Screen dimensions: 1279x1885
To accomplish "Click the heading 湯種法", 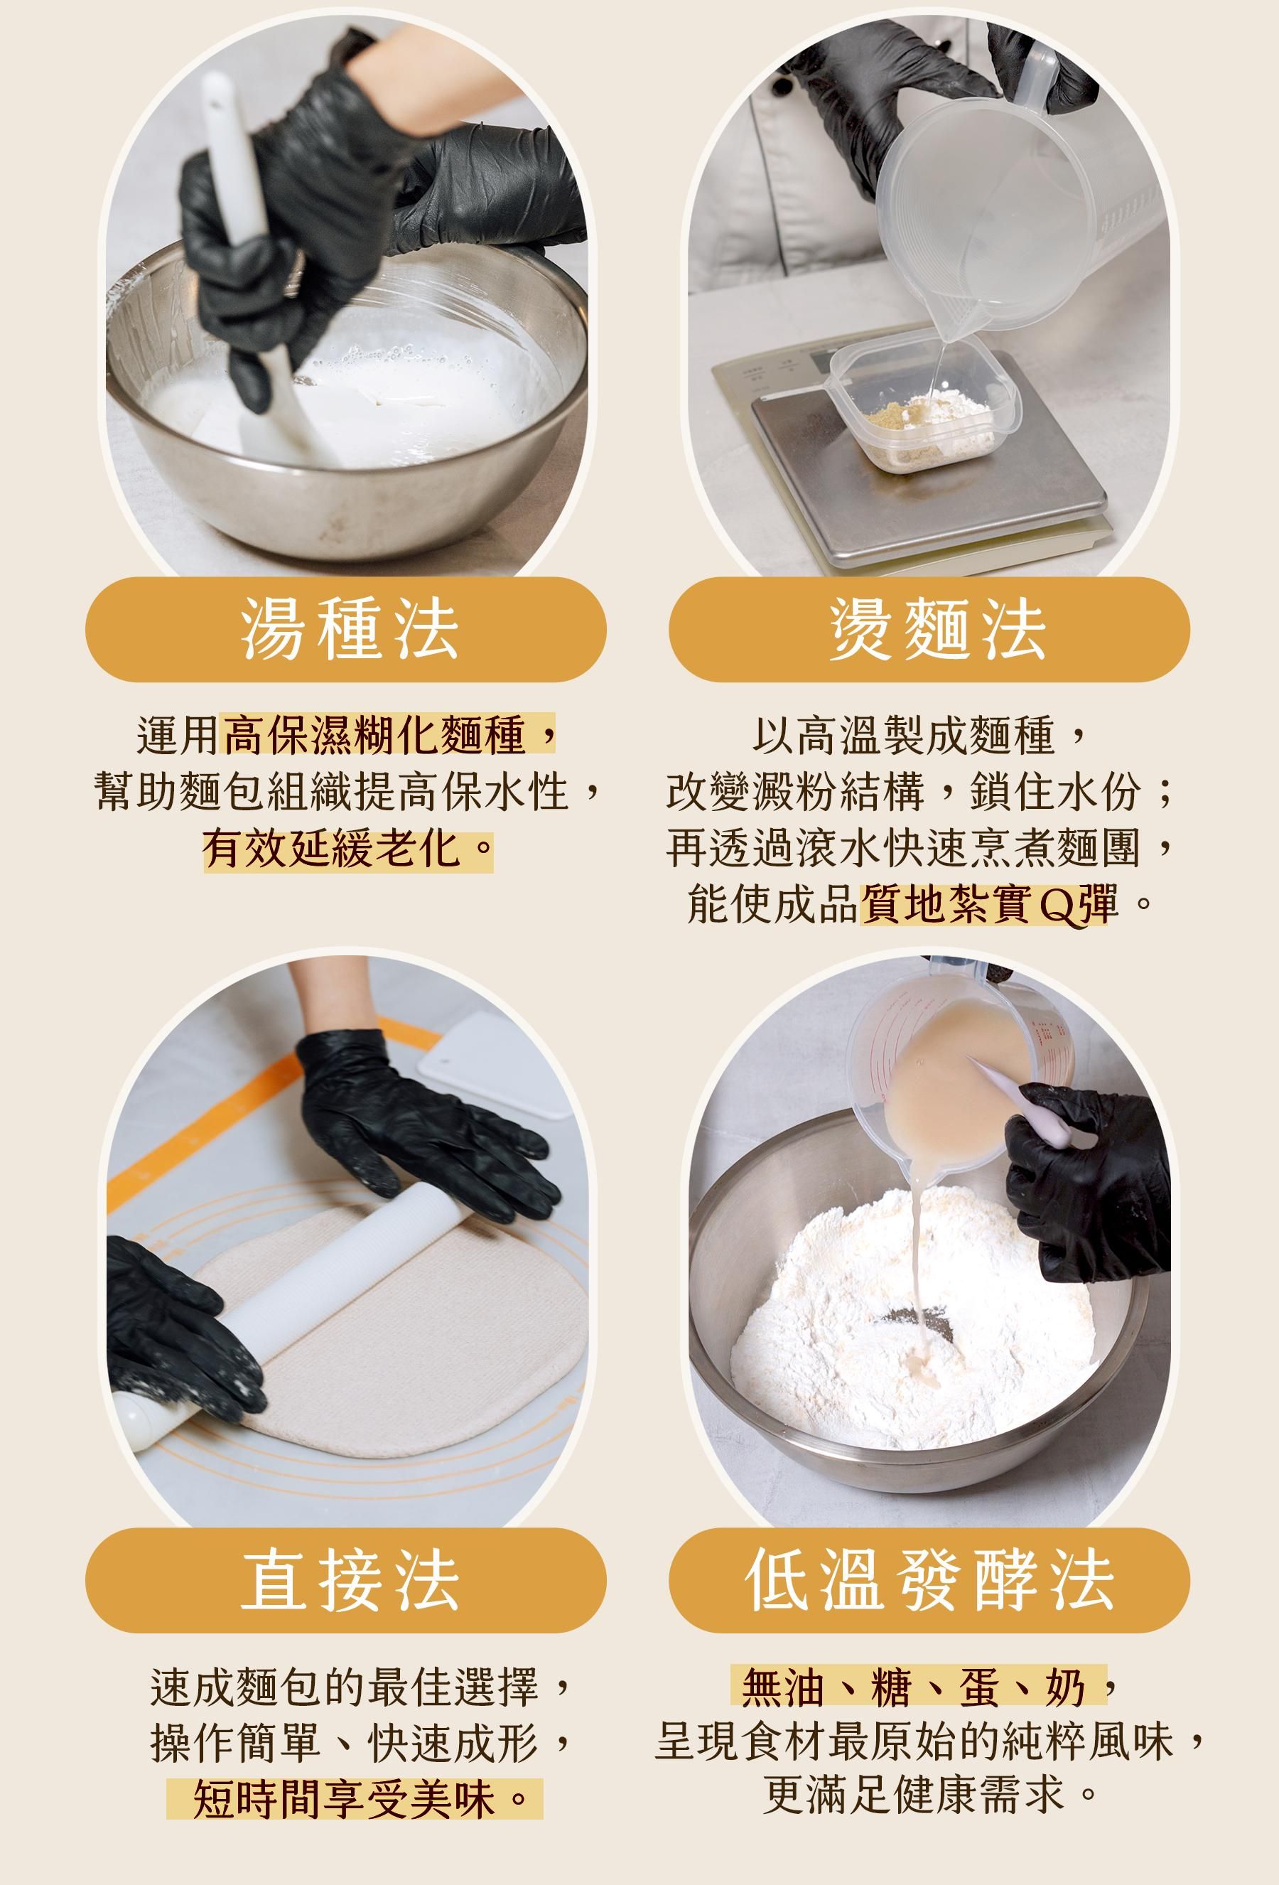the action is (349, 630).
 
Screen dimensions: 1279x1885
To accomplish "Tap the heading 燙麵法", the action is (937, 630).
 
